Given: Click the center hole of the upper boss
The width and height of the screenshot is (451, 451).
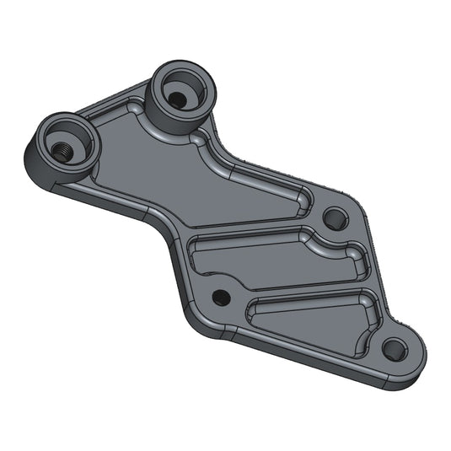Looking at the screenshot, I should tap(178, 98).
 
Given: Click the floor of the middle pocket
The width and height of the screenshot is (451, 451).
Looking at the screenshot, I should tap(253, 261).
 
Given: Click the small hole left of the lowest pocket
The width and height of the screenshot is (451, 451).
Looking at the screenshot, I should tap(221, 297).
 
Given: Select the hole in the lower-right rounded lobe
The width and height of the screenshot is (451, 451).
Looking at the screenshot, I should tap(394, 347).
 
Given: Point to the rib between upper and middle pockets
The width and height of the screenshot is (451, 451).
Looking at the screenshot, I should tap(253, 228).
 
